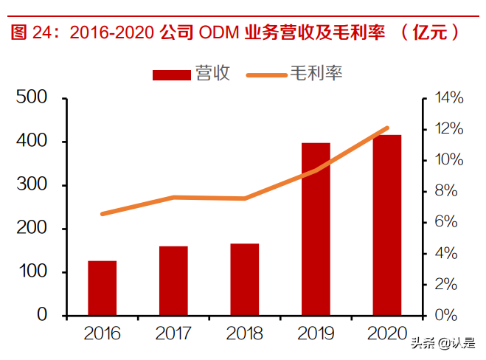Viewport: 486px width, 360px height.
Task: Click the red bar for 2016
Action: click(x=103, y=288)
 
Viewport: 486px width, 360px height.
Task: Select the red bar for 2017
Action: click(x=173, y=280)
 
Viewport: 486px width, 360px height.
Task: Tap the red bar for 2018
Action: click(x=245, y=279)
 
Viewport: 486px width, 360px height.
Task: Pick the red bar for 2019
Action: click(x=316, y=229)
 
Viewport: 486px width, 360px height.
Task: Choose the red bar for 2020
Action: click(x=386, y=225)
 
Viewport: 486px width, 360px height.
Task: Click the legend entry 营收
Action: click(x=192, y=74)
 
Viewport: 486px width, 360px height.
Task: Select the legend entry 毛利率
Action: click(x=294, y=74)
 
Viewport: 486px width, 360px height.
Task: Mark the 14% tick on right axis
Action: click(x=449, y=97)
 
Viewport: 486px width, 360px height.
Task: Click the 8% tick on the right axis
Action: click(x=449, y=191)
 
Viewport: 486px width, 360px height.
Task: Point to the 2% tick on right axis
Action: click(x=449, y=284)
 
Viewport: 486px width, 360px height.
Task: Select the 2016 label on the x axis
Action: click(x=103, y=333)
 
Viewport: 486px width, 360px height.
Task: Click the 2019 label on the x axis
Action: click(x=316, y=333)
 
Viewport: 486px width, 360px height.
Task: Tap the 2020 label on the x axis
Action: click(x=386, y=333)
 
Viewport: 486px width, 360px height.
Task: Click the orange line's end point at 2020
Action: click(x=386, y=128)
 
